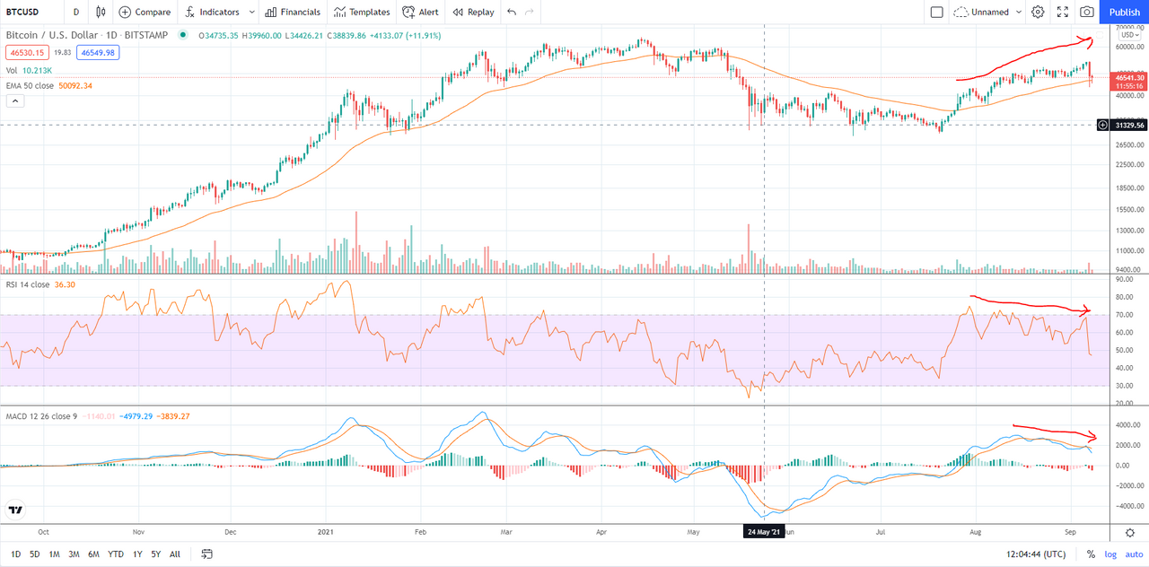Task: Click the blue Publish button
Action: click(x=1124, y=12)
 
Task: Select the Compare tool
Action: click(x=145, y=12)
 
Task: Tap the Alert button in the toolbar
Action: click(x=421, y=12)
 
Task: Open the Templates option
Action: click(x=362, y=12)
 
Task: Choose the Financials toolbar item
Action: click(x=293, y=12)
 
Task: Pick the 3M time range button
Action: click(x=75, y=554)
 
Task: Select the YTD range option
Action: click(x=116, y=554)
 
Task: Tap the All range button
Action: click(x=174, y=554)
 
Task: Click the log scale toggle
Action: click(x=1110, y=554)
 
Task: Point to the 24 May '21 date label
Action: click(x=764, y=531)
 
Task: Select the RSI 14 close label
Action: click(x=28, y=284)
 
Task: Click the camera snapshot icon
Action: click(x=1087, y=12)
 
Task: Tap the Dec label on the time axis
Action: click(x=230, y=531)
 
